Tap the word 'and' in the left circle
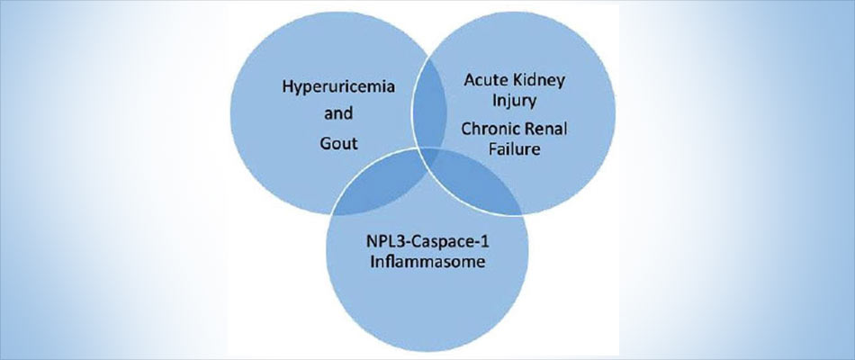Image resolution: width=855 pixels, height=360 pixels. point(338,114)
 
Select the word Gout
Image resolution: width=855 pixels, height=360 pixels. point(338,143)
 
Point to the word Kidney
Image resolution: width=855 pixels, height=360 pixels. point(541,81)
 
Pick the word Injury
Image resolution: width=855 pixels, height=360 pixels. point(514,102)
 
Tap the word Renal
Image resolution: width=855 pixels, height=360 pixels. point(545,130)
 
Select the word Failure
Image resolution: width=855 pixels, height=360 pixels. point(514,148)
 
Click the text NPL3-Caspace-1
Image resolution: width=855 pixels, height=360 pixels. point(427,241)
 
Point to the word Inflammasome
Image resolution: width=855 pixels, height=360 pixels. point(427,262)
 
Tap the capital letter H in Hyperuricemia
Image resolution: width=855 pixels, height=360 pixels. point(287,87)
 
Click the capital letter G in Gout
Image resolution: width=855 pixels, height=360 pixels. point(326,143)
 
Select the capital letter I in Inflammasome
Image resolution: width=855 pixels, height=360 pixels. point(372,262)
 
